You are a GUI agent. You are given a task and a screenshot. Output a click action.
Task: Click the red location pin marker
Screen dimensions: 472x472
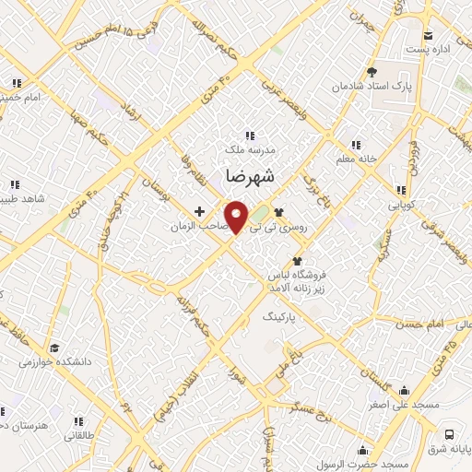coord(238,216)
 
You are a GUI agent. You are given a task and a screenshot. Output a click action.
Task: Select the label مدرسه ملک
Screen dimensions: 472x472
coord(250,147)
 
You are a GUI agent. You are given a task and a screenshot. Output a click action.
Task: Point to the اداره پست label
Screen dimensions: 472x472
coord(431,48)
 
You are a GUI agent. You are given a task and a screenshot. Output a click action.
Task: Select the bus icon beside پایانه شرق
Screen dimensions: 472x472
coord(448,433)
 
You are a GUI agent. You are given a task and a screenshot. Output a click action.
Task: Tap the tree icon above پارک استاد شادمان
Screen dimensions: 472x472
coord(372,71)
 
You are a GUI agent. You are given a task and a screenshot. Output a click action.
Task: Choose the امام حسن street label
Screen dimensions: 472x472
coord(423,324)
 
